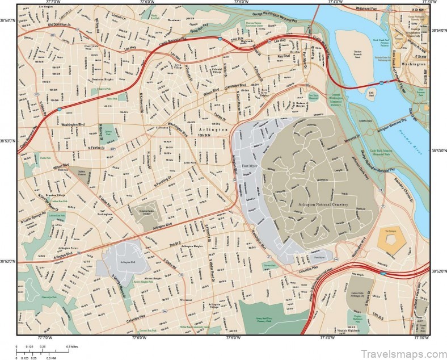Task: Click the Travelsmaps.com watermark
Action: click(397, 344)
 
